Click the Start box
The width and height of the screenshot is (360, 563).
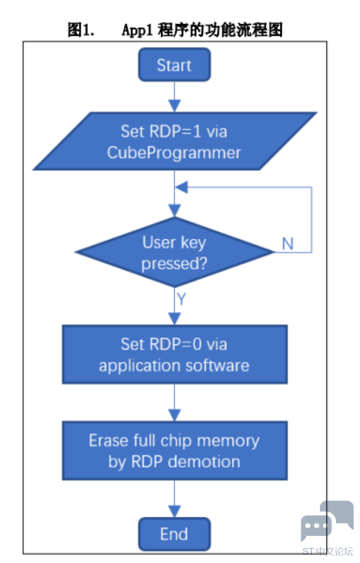click(x=174, y=65)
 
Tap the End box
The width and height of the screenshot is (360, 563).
click(x=174, y=534)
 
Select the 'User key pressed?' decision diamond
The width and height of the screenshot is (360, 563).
click(x=174, y=252)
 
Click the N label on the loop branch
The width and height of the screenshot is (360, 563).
click(x=288, y=244)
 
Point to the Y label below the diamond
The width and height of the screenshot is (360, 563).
click(x=181, y=298)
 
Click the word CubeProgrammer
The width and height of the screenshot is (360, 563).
click(x=174, y=153)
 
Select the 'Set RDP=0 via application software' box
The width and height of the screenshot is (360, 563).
click(x=175, y=354)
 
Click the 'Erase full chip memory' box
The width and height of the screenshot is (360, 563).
click(x=175, y=450)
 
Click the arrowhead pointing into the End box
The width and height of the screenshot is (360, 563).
click(x=174, y=511)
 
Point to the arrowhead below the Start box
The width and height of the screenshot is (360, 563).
click(x=174, y=105)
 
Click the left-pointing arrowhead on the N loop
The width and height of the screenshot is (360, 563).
click(x=181, y=187)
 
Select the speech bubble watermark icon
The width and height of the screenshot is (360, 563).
click(x=327, y=521)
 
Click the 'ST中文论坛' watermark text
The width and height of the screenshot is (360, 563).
click(x=328, y=552)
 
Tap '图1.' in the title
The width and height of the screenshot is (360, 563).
click(x=81, y=30)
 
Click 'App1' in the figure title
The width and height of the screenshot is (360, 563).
click(x=137, y=30)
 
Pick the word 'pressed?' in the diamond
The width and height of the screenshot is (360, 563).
click(x=174, y=264)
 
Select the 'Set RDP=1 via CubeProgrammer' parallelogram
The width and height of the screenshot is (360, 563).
click(x=175, y=141)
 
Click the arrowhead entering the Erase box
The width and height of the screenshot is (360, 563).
click(x=174, y=415)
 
